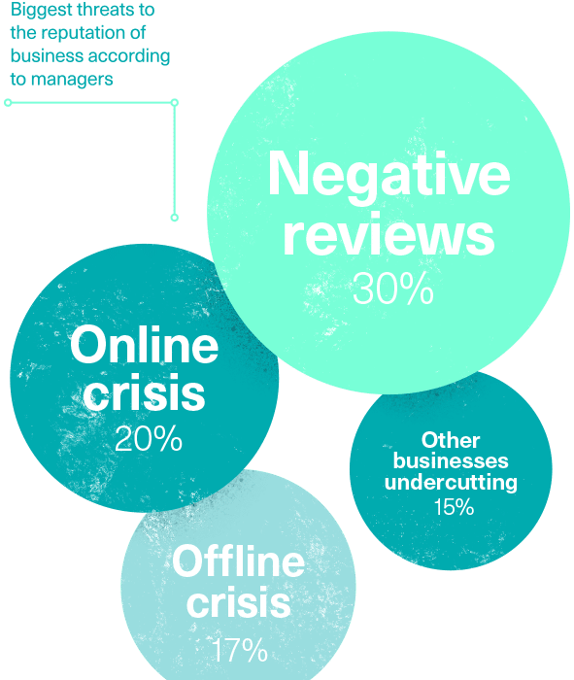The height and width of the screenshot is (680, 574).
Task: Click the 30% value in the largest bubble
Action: pos(393,289)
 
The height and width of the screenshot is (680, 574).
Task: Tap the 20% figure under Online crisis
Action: pos(149,438)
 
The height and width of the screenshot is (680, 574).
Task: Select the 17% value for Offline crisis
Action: pos(240,650)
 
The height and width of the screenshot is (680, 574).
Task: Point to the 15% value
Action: pos(454,506)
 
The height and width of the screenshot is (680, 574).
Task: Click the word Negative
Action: pos(388,177)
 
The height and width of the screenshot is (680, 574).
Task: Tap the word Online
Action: pos(144,344)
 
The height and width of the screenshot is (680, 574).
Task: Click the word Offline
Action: pos(239,561)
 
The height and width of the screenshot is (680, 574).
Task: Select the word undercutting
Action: pos(451,482)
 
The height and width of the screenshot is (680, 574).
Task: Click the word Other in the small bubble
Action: pos(451,440)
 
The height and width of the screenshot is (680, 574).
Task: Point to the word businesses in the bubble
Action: pos(451,460)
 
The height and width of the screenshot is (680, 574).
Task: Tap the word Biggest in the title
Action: pos(41,11)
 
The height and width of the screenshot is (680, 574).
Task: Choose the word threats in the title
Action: pos(101,10)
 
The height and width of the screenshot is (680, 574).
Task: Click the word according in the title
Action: pos(129,56)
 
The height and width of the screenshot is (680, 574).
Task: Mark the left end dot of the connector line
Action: pos(8,103)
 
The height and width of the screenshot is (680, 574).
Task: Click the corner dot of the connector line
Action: pos(175,103)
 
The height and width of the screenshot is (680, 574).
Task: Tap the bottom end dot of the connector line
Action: pos(175,218)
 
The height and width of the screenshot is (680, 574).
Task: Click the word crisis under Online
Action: pos(144,392)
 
